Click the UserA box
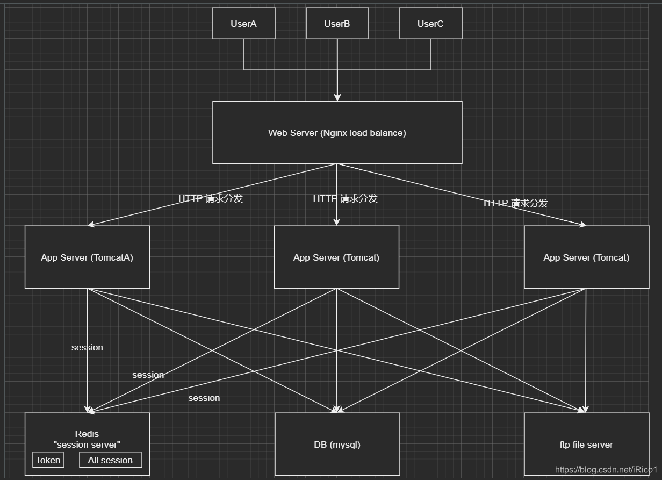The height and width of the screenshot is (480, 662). coord(243,23)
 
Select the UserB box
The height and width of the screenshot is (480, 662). coord(337,23)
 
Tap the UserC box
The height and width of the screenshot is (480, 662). coord(430,23)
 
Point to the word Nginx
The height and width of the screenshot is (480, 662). coord(334,133)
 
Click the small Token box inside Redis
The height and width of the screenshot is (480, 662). coord(48,460)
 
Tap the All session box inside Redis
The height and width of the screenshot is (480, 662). coord(110,460)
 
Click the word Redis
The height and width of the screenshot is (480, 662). coord(87,434)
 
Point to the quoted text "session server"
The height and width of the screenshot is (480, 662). coord(87,445)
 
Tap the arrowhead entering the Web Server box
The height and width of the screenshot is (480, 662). coord(337,97)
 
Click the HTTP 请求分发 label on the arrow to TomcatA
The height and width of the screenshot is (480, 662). coord(211,198)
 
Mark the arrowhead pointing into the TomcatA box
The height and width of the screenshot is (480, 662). coord(91,224)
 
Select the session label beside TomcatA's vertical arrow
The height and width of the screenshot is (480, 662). coord(87,347)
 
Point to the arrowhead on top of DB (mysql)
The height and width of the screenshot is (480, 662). coord(337,410)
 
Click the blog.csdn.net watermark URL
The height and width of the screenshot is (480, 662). coord(606,470)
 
